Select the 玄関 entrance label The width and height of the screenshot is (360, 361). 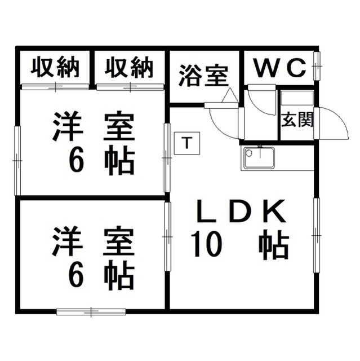[x=297, y=120]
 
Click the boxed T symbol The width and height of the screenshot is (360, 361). [x=186, y=142]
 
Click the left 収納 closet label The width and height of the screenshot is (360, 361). [x=54, y=68]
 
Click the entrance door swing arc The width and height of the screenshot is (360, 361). [x=334, y=121]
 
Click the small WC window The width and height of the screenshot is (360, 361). [x=317, y=67]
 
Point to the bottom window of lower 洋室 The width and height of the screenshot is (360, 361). [x=91, y=311]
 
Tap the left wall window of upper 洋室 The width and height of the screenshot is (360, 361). [x=17, y=160]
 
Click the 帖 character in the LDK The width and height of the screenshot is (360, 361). [x=274, y=245]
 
